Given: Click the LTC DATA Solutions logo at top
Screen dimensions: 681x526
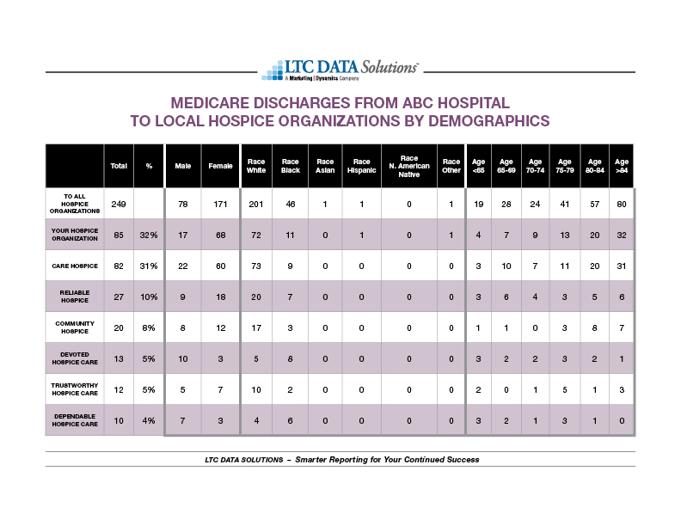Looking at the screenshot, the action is tap(340, 70).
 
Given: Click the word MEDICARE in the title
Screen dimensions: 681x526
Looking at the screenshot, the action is tap(210, 103).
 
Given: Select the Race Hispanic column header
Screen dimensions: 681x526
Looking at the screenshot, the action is tap(361, 166).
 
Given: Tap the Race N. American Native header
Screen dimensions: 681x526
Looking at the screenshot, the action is tap(409, 166).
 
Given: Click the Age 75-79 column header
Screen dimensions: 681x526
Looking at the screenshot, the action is tap(565, 166).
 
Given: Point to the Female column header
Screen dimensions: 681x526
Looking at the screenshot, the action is tap(220, 166).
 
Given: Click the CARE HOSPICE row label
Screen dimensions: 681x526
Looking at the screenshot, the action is tap(75, 266).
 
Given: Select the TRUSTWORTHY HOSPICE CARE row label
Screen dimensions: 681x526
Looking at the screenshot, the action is tap(75, 389).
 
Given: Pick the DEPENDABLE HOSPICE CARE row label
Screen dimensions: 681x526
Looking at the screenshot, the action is tap(75, 420).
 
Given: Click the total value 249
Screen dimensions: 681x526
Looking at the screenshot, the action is tap(119, 204).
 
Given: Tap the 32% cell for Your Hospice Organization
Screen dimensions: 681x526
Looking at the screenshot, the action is tap(149, 235).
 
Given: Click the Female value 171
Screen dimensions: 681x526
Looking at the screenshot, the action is tap(220, 204).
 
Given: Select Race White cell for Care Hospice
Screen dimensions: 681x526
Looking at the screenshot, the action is tap(256, 266).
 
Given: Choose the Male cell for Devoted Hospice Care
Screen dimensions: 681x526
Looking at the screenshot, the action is tap(183, 359).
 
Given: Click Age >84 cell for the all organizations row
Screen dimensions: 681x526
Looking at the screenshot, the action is tap(622, 204).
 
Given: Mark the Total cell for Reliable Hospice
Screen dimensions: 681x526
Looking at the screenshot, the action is tap(119, 297).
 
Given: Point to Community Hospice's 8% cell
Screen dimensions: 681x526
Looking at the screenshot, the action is tap(149, 328).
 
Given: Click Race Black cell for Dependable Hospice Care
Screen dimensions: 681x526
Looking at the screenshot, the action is tap(290, 420).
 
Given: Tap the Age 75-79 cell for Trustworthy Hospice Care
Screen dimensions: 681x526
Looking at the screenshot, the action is tap(565, 389).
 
